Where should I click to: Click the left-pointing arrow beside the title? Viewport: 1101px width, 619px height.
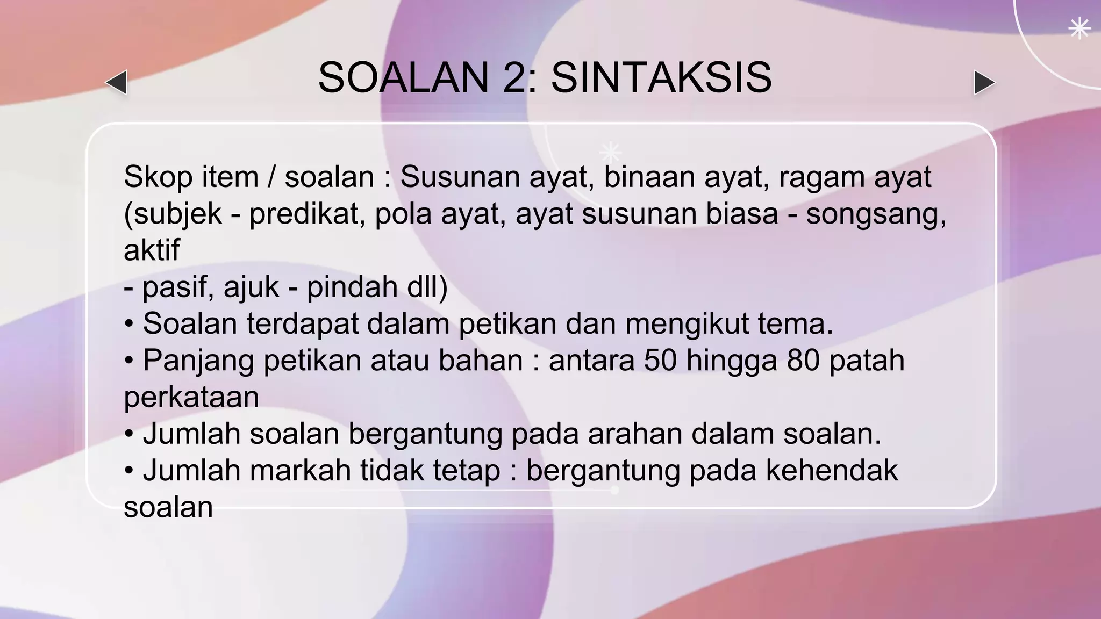117,83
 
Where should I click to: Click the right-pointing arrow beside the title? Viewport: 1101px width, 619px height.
984,83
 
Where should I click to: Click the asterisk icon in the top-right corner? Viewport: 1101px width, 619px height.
1079,28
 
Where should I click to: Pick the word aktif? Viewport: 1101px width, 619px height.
152,250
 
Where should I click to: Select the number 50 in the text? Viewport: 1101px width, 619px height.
660,361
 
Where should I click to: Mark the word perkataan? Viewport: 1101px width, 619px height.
191,398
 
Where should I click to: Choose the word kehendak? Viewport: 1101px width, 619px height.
831,471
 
